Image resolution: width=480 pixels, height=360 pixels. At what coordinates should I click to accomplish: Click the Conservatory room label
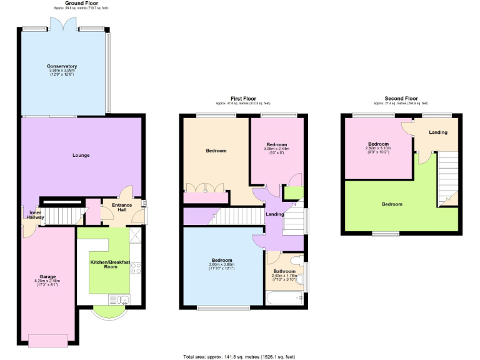(x=62, y=66)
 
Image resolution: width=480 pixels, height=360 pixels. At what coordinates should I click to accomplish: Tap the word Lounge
(x=81, y=155)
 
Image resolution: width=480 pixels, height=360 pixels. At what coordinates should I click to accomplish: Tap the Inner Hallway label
(x=35, y=214)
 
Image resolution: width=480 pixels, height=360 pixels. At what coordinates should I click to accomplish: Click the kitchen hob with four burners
(x=136, y=268)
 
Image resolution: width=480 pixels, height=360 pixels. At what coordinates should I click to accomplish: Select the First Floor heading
(x=243, y=99)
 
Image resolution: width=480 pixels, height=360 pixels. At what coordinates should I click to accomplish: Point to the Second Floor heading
(x=401, y=99)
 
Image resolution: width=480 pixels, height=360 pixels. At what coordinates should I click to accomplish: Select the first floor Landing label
(x=275, y=214)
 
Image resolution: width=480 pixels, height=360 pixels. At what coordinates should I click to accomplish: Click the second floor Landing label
(x=437, y=132)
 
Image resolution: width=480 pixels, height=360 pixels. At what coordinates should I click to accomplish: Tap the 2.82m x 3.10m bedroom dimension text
(x=378, y=147)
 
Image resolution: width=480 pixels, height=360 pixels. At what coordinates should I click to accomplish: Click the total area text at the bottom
(x=239, y=356)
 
